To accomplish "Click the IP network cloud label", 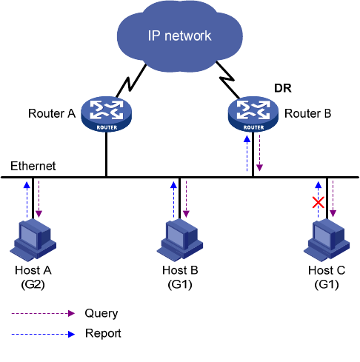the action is (179, 36).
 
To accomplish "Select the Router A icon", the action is (107, 114).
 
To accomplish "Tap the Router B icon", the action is (253, 114).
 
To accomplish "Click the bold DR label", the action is (283, 88).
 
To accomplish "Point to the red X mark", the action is (319, 202).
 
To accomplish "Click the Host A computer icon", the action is (33, 240).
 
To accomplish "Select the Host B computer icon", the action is (180, 240).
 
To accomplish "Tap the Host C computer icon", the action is (327, 240).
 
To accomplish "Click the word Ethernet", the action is (33, 166).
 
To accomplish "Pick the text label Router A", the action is (52, 113).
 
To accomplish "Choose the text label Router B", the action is (307, 113).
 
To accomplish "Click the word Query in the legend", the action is (101, 314).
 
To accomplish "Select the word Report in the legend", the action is (103, 333).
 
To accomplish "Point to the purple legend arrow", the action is (43, 313).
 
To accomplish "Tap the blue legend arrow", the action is (43, 335).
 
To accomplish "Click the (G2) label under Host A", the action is (33, 284).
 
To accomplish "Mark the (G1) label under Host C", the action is (327, 284).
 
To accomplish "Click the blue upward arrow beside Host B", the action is (173, 199).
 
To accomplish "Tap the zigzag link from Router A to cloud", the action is (131, 81).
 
